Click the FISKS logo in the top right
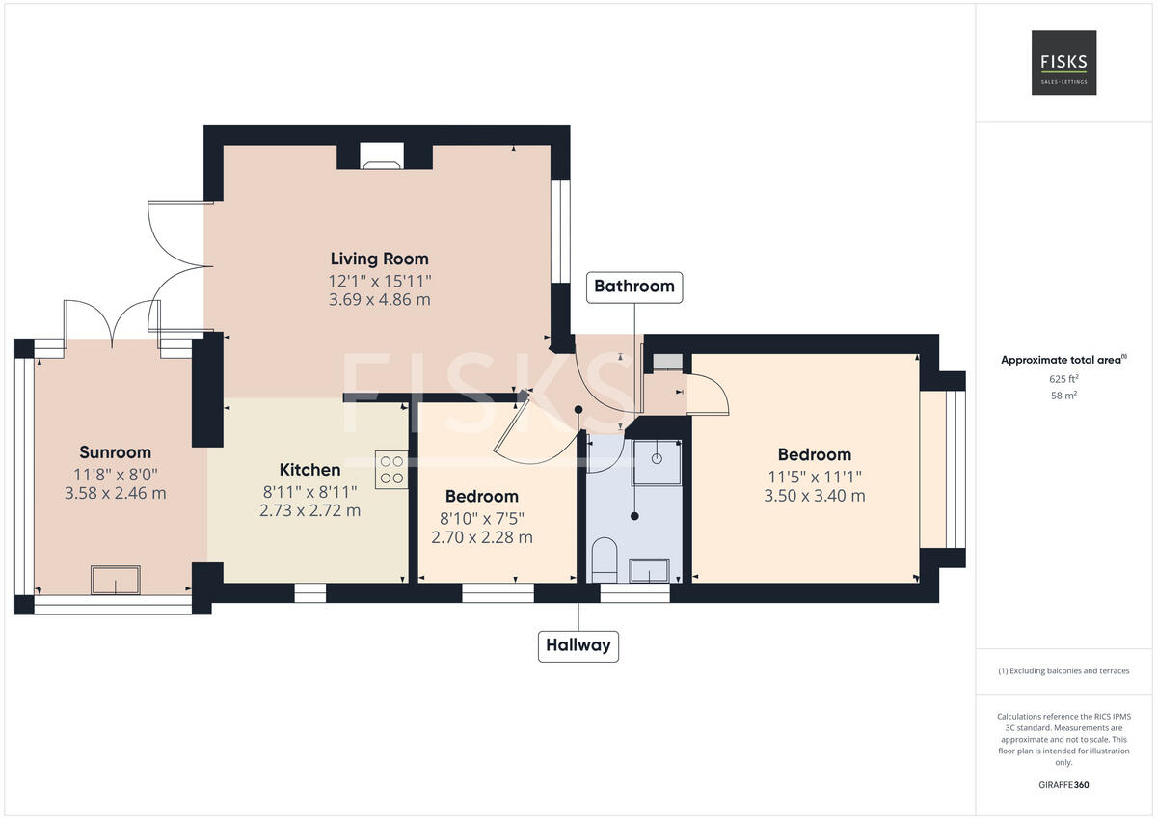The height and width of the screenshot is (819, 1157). (x=1063, y=62)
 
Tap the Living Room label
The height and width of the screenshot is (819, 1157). (x=379, y=259)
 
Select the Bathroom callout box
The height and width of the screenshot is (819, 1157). (x=633, y=287)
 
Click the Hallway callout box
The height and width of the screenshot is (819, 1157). (x=578, y=645)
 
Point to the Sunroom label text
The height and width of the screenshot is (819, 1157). (x=115, y=452)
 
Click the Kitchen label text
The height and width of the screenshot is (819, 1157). (x=309, y=470)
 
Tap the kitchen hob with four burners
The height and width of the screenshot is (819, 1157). (x=391, y=470)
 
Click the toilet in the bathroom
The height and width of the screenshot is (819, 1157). (x=605, y=560)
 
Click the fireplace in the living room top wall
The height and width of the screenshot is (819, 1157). (x=383, y=156)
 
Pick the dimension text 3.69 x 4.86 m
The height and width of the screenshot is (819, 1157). (x=379, y=300)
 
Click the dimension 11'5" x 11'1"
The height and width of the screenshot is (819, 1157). (x=815, y=476)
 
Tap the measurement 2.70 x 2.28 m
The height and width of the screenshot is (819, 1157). (x=482, y=537)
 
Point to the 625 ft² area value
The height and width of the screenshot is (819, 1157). (x=1063, y=379)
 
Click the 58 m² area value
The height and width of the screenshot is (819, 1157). (x=1063, y=396)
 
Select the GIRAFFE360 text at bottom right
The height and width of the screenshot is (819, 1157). (x=1063, y=785)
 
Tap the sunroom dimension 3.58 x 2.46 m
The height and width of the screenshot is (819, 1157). (x=115, y=493)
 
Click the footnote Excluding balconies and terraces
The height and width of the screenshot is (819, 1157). (x=1063, y=671)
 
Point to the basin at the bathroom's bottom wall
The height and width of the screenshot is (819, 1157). (x=650, y=572)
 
